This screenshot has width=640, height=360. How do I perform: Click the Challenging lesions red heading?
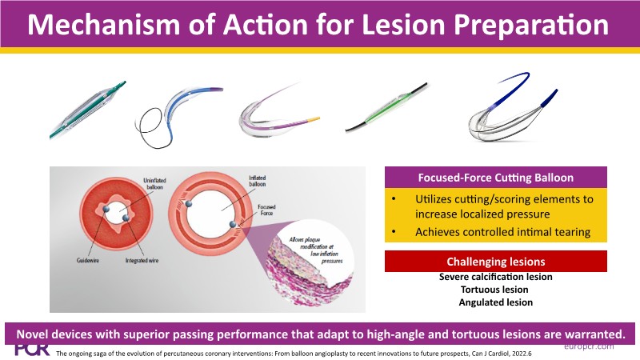pos(496,262)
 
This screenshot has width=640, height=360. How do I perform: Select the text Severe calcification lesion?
pos(495,277)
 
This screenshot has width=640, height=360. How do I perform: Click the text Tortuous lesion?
pos(495,290)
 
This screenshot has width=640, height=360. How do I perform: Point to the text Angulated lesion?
pos(495,302)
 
